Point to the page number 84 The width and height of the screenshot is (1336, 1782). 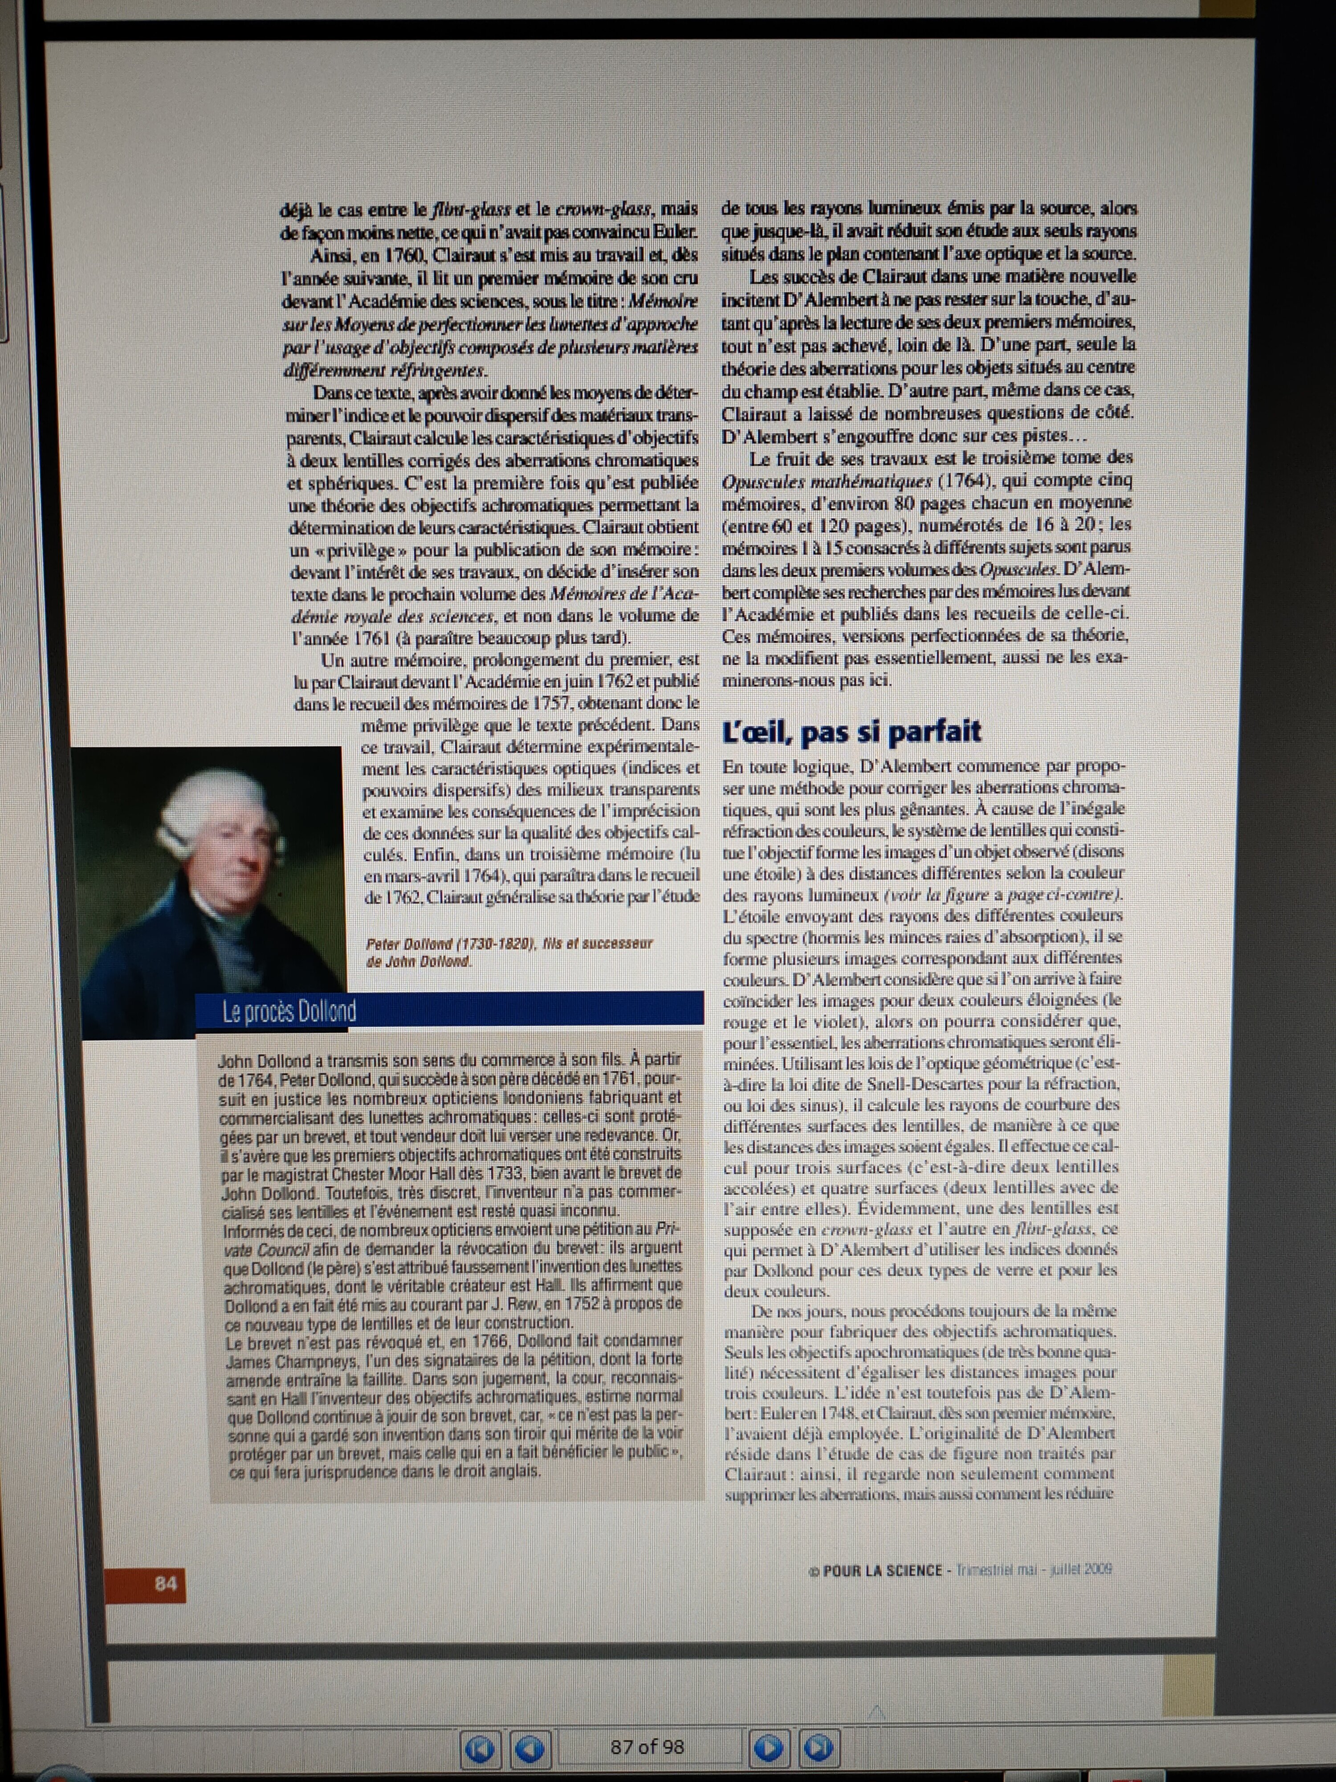[165, 1584]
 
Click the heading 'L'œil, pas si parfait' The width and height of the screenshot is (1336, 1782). [851, 732]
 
